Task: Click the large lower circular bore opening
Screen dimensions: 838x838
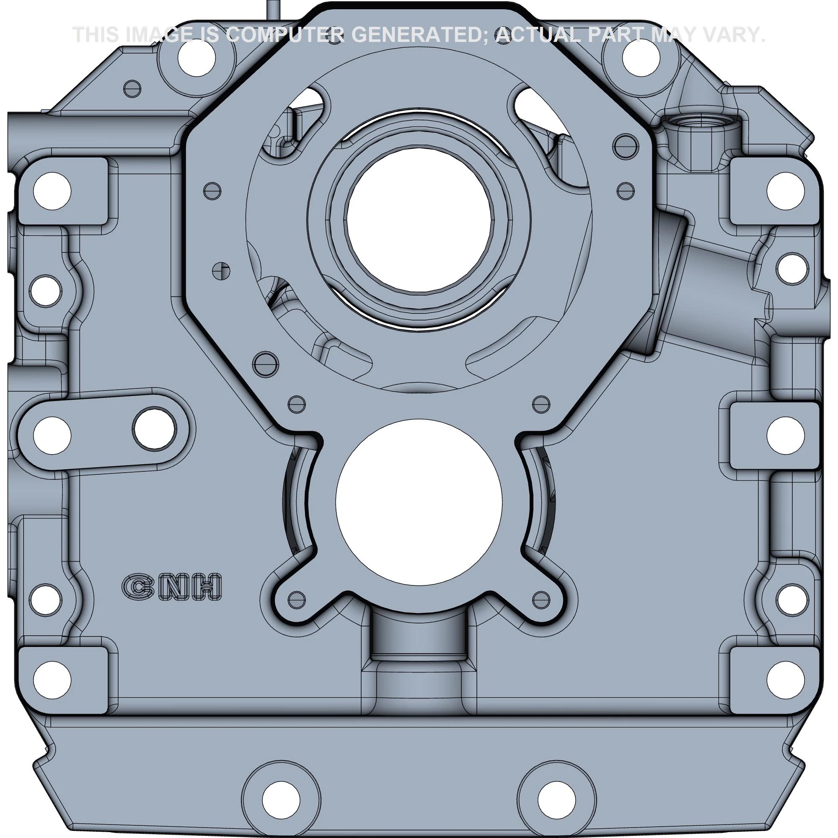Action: [x=419, y=502]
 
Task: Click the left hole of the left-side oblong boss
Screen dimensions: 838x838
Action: [x=52, y=435]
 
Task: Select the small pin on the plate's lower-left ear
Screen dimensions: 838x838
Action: [x=297, y=600]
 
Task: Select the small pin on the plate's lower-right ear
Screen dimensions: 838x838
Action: [x=541, y=600]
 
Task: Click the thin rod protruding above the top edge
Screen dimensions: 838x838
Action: [x=272, y=9]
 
